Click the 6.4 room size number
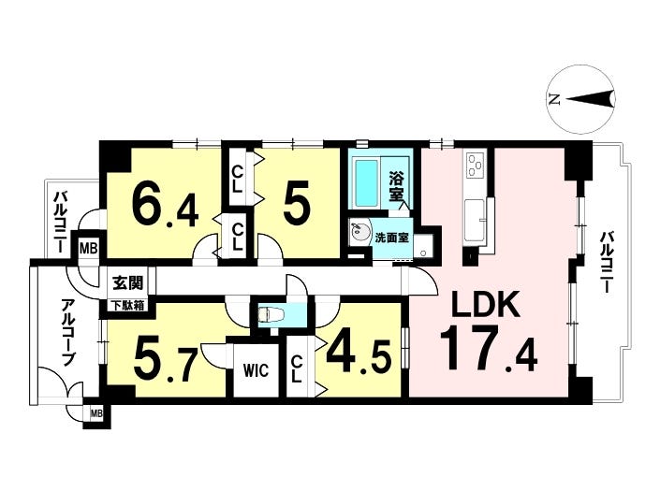point(165,205)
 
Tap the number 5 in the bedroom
point(297,203)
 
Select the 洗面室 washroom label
point(392,238)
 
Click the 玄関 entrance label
point(127,283)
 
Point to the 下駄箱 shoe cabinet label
point(127,306)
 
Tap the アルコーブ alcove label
point(67,333)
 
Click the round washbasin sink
point(359,231)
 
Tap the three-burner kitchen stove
point(477,164)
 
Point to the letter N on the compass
point(554,100)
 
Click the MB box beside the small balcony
point(89,248)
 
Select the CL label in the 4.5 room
point(297,368)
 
